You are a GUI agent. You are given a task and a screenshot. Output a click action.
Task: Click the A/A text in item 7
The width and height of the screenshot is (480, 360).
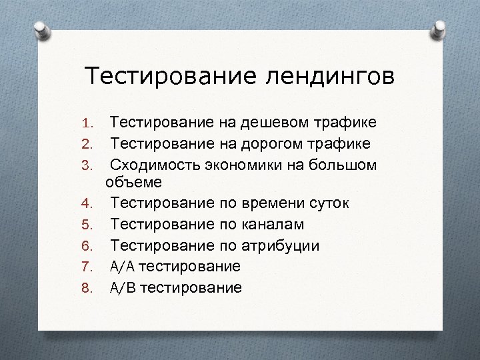pyautogui.click(x=123, y=267)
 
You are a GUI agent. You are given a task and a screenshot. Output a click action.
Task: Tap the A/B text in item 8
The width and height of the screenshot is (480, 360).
pyautogui.click(x=123, y=287)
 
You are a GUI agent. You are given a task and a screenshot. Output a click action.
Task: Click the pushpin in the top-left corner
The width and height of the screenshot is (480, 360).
pyautogui.click(x=41, y=31)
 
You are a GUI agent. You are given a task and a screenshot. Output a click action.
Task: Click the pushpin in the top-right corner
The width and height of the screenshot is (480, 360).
pyautogui.click(x=439, y=31)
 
